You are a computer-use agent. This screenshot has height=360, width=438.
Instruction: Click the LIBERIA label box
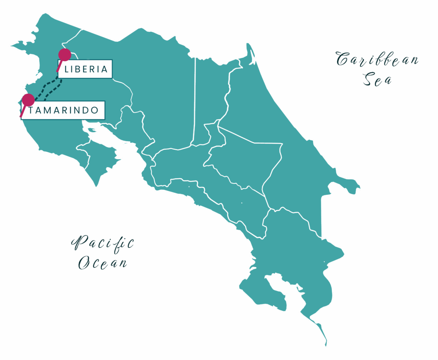tap(85, 69)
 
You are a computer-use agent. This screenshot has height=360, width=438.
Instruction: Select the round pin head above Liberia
tap(65, 54)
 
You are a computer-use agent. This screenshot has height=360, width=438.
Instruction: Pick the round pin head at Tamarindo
tap(28, 100)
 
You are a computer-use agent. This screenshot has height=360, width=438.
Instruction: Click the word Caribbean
tap(377, 60)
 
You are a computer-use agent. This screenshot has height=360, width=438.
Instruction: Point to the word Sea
tap(377, 80)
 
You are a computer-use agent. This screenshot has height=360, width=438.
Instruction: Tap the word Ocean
tap(103, 263)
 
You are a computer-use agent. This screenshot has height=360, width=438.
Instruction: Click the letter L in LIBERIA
tap(66, 69)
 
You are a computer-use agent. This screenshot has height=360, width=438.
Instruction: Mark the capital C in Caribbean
tap(343, 60)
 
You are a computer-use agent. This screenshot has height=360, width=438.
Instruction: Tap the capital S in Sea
tap(367, 80)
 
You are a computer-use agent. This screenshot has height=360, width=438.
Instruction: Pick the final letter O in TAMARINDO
tap(95, 110)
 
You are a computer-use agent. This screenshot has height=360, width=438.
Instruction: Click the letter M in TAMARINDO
tap(47, 110)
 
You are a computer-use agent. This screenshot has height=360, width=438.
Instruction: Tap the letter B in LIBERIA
tap(79, 69)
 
